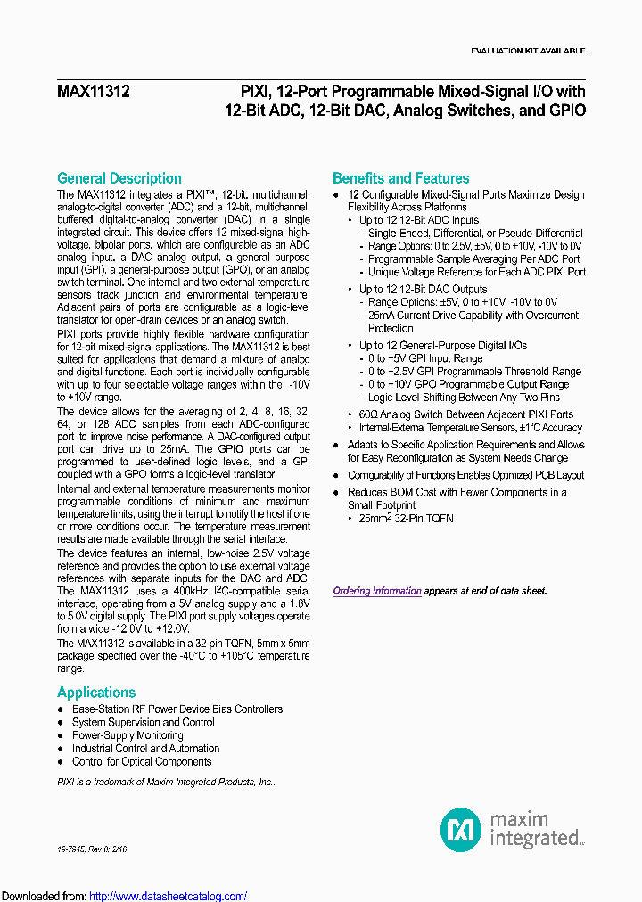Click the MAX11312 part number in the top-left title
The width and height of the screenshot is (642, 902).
click(x=93, y=91)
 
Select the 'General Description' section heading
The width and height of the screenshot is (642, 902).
click(x=119, y=178)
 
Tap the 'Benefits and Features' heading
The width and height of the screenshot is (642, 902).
click(x=400, y=178)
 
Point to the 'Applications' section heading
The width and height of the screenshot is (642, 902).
click(x=96, y=693)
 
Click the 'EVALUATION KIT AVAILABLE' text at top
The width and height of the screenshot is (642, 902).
click(x=527, y=51)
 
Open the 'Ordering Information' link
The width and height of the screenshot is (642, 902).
click(x=377, y=591)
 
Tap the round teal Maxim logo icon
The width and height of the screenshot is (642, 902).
click(x=460, y=829)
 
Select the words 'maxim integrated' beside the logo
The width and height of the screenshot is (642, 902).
click(x=533, y=829)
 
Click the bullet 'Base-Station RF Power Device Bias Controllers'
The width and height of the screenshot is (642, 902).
click(x=177, y=709)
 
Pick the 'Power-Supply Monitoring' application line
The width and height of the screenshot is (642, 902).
click(x=128, y=735)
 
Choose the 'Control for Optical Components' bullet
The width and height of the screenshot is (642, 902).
click(x=142, y=762)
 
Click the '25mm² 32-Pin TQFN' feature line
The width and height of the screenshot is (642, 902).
click(x=406, y=519)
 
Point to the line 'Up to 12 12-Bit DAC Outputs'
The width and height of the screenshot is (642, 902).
click(x=423, y=289)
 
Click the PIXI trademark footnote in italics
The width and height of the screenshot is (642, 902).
click(x=166, y=781)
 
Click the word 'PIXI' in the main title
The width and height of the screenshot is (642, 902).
click(x=256, y=91)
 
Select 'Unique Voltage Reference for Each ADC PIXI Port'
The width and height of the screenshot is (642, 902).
click(x=477, y=272)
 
